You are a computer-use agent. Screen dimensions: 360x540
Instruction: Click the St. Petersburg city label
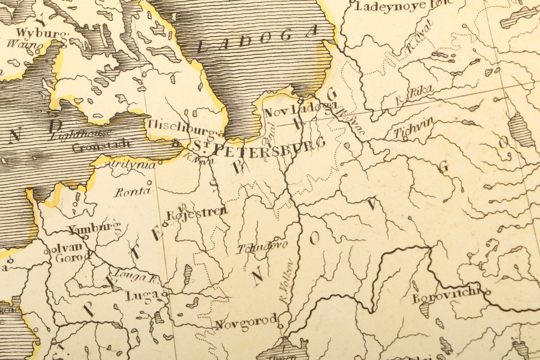click(x=258, y=148)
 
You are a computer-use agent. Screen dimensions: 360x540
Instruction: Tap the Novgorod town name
click(x=246, y=322)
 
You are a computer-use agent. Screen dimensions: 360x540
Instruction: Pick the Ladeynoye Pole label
click(x=403, y=6)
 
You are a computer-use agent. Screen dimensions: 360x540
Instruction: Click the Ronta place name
click(x=132, y=192)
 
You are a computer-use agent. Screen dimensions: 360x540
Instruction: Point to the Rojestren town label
click(x=197, y=214)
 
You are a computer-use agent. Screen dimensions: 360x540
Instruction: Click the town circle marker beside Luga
click(x=164, y=294)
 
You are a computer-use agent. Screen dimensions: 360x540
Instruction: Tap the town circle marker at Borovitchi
click(x=488, y=292)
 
